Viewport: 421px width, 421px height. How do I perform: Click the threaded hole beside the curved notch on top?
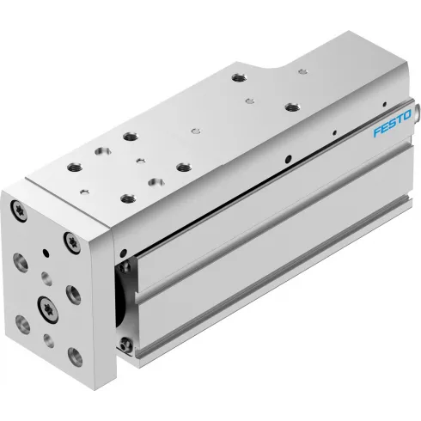237,78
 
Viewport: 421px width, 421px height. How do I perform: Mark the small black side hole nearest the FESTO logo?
354,131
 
